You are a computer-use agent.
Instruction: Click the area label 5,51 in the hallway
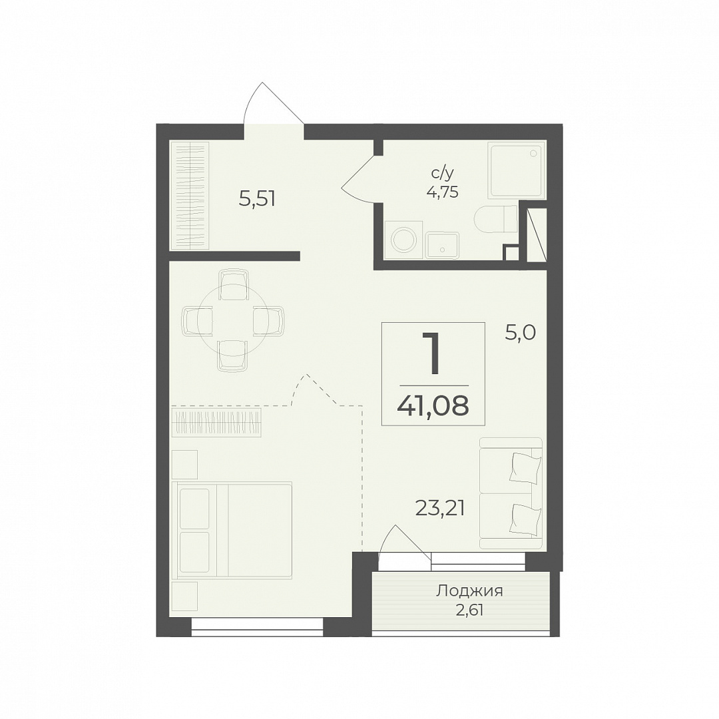pos(257,199)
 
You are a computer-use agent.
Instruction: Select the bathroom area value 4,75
pos(442,192)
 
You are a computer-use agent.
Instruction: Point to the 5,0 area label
pos(520,332)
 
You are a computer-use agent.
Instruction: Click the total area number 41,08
pos(433,405)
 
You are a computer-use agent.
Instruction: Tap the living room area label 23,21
pos(440,508)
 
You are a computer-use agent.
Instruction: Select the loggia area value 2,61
pos(469,610)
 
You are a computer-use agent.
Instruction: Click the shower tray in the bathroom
pos(517,170)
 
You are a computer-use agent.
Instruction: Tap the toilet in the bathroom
pos(496,219)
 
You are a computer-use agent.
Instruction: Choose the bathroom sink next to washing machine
pos(442,245)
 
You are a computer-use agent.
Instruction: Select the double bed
pos(232,529)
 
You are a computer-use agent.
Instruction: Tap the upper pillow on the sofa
pos(525,468)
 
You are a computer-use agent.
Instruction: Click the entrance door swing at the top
pos(274,103)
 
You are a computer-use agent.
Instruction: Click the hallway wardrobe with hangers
pos(190,195)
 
